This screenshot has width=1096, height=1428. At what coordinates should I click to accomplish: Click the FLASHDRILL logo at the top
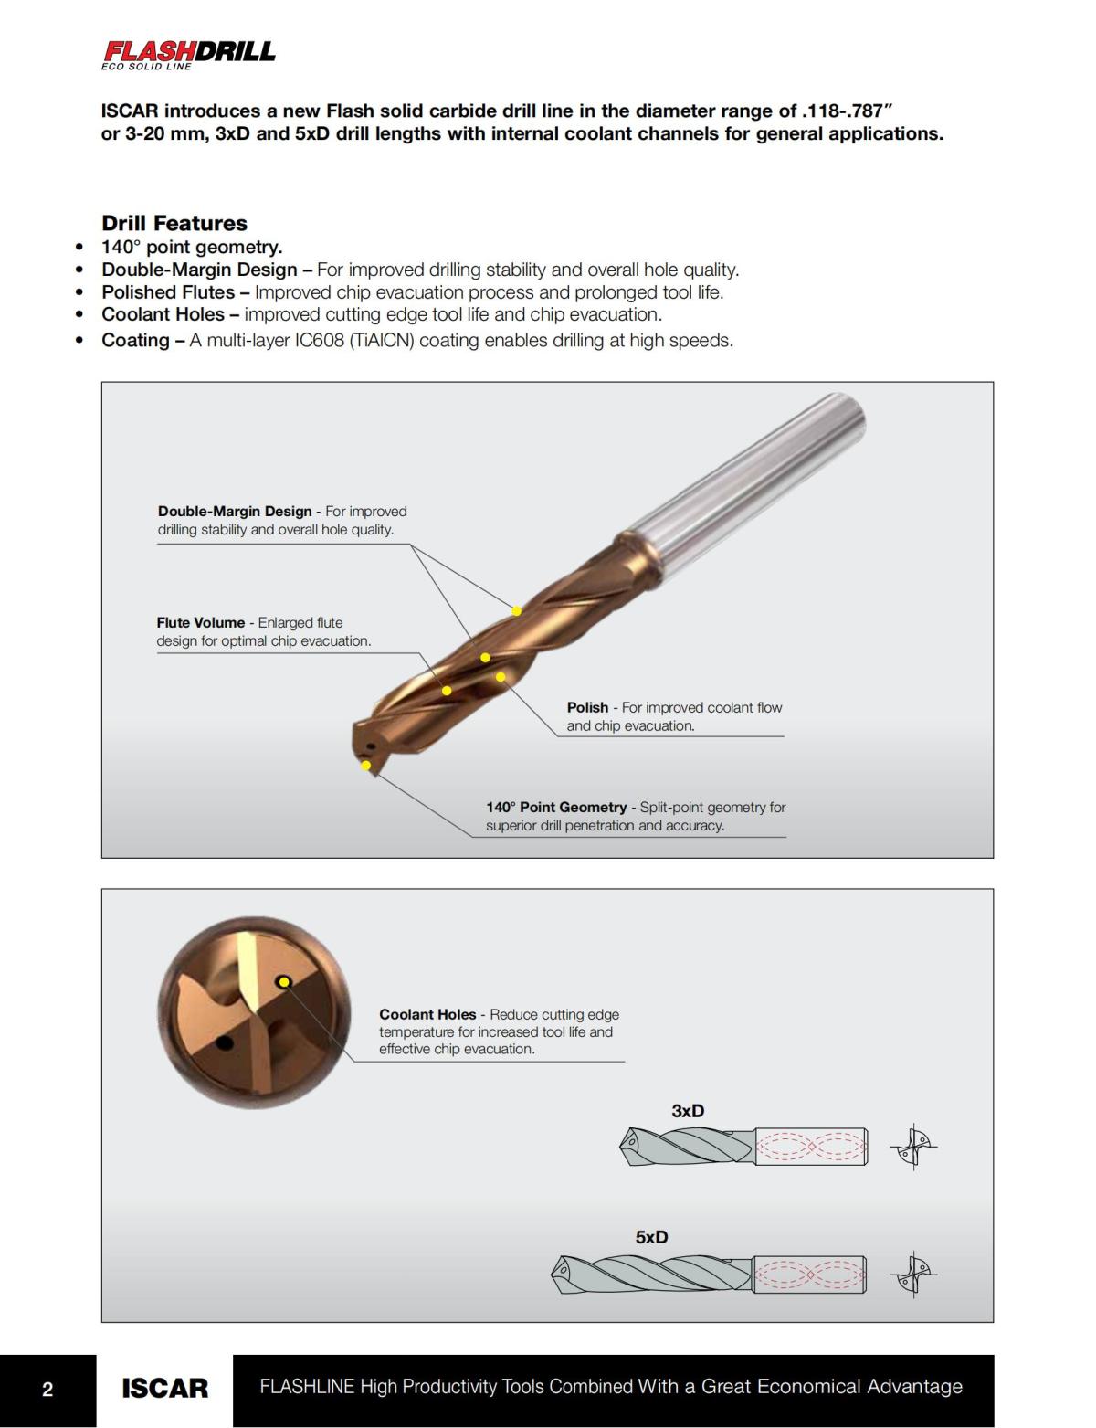(x=188, y=53)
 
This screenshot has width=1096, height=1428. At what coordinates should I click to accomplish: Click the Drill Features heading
(x=174, y=223)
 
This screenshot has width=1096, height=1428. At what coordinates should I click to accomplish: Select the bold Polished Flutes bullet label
(x=168, y=292)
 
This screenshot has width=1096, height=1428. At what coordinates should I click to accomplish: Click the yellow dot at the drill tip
(x=366, y=765)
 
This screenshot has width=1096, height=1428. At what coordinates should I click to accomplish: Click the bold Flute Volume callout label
(x=200, y=623)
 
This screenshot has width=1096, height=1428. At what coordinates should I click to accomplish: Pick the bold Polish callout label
(x=587, y=707)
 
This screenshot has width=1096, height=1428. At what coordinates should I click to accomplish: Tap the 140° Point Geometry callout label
(x=555, y=808)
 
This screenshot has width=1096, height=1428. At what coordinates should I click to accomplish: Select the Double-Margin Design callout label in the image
(x=235, y=512)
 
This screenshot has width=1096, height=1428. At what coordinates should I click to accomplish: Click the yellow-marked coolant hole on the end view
(x=284, y=982)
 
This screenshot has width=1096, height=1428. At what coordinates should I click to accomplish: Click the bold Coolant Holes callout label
(x=427, y=1014)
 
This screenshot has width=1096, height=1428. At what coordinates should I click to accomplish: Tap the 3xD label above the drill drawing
(x=688, y=1111)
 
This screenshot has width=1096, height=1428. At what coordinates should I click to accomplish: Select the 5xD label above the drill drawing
(x=651, y=1237)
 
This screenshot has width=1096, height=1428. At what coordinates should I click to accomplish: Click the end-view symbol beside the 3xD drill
(x=913, y=1147)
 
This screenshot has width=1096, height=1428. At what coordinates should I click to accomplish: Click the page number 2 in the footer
(x=47, y=1390)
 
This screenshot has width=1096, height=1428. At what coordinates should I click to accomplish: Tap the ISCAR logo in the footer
(x=164, y=1389)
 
